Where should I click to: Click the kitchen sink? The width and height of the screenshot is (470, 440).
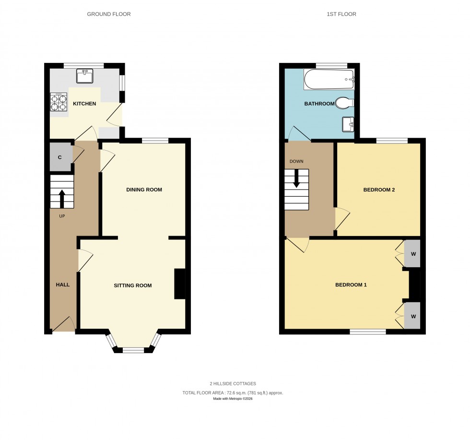click(x=85, y=76)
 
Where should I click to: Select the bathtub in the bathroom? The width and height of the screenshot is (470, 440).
click(x=329, y=79)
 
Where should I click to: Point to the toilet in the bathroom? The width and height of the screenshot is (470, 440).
click(x=344, y=102)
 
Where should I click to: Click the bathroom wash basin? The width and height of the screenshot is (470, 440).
click(x=348, y=124)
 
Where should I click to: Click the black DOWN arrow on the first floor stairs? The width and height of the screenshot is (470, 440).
click(x=296, y=178)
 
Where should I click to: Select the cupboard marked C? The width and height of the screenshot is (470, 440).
click(x=60, y=157)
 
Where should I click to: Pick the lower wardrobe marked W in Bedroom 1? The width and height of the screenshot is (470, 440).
click(x=412, y=316)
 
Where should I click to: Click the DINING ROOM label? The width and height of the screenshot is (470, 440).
click(x=144, y=190)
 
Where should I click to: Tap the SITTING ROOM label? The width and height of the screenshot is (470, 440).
click(x=132, y=285)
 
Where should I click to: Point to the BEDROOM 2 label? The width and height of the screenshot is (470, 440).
click(x=379, y=190)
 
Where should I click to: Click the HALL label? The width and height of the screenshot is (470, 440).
click(x=63, y=285)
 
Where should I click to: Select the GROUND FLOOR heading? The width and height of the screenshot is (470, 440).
click(x=109, y=14)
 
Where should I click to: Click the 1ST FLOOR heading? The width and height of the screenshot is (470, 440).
click(x=341, y=14)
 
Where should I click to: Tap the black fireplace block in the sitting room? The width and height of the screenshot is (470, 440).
click(x=179, y=284)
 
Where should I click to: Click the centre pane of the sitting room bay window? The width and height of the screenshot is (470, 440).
click(x=133, y=350)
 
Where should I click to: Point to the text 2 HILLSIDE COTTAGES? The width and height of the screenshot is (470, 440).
click(x=233, y=383)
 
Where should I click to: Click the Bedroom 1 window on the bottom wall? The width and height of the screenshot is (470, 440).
click(x=368, y=332)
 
